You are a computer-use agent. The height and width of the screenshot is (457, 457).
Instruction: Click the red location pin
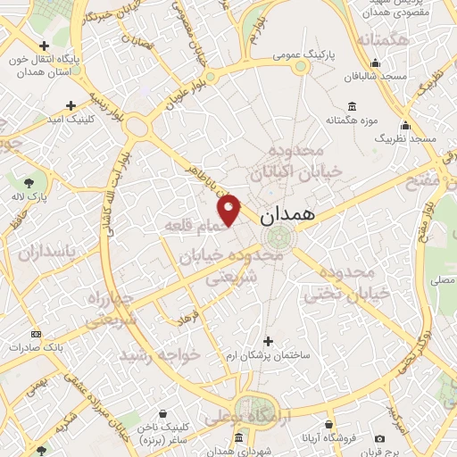(230, 209)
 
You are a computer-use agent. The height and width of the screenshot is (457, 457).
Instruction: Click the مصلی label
(441, 280)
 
